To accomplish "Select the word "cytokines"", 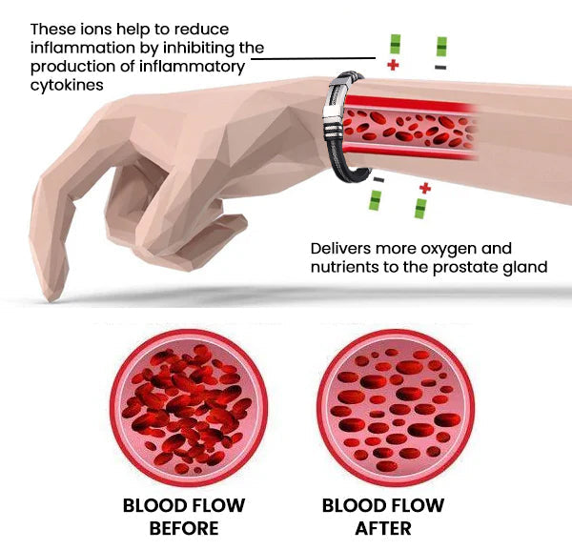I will [x=69, y=84].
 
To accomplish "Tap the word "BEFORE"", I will [x=184, y=527].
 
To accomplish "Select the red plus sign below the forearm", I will [x=424, y=188].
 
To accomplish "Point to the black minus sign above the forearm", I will [x=440, y=68].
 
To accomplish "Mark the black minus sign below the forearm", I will [x=378, y=180].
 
